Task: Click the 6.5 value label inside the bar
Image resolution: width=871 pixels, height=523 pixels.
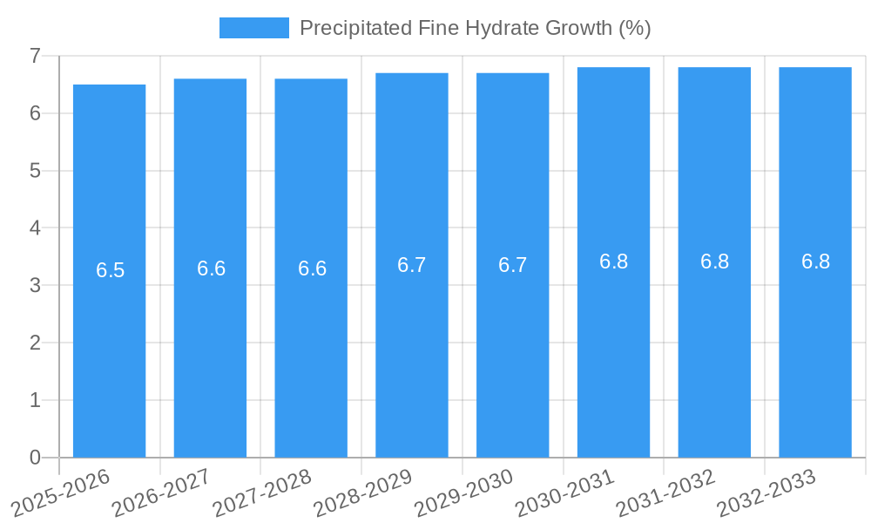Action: point(111,270)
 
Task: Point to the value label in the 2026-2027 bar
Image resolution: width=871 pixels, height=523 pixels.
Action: point(212,268)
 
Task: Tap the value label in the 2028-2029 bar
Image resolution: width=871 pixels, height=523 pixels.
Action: point(412,265)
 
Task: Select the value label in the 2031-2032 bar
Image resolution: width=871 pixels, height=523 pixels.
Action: point(715,261)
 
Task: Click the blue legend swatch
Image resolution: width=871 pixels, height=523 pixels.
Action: point(253,28)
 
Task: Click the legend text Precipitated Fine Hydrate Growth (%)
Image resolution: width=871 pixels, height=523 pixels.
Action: point(475,28)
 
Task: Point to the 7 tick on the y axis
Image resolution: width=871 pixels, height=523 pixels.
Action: point(35,56)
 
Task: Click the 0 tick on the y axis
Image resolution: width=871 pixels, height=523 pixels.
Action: point(35,458)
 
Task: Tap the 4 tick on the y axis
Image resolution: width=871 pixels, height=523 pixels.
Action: point(35,228)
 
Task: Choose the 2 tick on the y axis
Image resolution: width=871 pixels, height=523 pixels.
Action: point(35,343)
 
